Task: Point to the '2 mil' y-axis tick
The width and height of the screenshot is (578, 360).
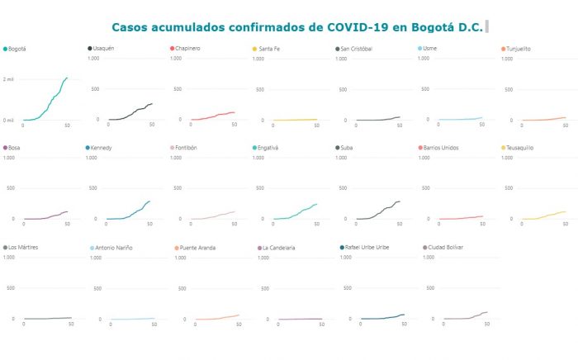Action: [x=9, y=79]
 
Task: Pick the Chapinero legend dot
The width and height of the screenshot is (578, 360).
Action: [x=172, y=49]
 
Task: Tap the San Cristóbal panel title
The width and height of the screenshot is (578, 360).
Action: [x=357, y=49]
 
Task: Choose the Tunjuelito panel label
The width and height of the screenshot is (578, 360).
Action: [x=519, y=49]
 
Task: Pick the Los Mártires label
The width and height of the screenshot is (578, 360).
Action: [x=24, y=247]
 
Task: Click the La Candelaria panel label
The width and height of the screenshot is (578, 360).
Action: [x=280, y=248]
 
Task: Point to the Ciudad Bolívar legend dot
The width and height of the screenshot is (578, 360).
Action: [x=425, y=247]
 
